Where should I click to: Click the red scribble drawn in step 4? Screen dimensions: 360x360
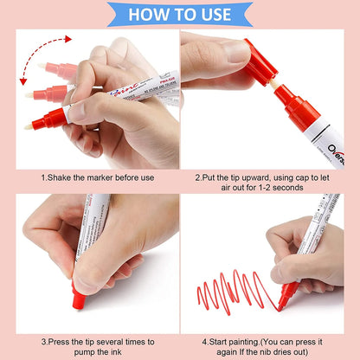(x=228, y=287)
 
